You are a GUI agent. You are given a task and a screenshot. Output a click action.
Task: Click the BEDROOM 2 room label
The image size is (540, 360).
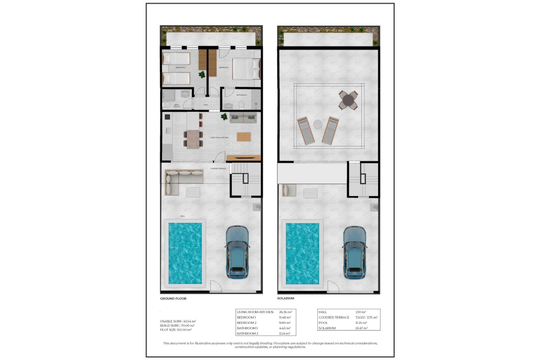[x=181, y=67]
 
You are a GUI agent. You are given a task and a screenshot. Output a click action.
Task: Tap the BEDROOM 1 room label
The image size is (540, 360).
[x=224, y=67]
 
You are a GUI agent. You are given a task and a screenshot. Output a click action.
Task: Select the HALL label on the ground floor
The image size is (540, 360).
[x=206, y=105]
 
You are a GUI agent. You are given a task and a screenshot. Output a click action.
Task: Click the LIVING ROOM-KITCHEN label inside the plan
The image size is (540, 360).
[x=219, y=138]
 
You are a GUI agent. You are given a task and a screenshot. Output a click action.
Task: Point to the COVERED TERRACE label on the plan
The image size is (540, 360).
[x=218, y=168]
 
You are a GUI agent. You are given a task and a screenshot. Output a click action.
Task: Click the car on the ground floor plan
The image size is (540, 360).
[x=237, y=252]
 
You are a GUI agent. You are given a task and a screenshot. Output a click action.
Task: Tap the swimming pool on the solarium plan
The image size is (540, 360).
[x=302, y=253]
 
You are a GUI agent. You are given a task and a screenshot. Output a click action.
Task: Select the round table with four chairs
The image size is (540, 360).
[x=348, y=100]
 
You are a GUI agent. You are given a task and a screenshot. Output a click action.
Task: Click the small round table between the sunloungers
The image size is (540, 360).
[x=318, y=124]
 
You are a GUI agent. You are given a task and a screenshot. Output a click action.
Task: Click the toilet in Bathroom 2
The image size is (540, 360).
[x=167, y=105]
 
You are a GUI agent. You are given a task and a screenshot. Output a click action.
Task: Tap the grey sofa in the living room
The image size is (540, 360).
[x=243, y=118]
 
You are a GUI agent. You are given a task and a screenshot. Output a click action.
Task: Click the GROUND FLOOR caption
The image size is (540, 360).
[x=173, y=298]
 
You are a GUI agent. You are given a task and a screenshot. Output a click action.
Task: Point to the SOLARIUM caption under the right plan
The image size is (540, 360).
[x=285, y=298]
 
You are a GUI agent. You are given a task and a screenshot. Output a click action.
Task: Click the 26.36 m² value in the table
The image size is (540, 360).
[x=285, y=312]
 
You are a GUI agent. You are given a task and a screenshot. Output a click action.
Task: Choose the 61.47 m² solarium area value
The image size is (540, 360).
[x=361, y=328]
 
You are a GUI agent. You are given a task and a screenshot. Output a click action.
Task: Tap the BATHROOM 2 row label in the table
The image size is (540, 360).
[x=247, y=334]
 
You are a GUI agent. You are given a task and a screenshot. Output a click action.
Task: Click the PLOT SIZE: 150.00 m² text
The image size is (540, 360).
[x=176, y=330]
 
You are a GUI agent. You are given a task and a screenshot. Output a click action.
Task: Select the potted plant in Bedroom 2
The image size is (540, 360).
[x=202, y=75]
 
